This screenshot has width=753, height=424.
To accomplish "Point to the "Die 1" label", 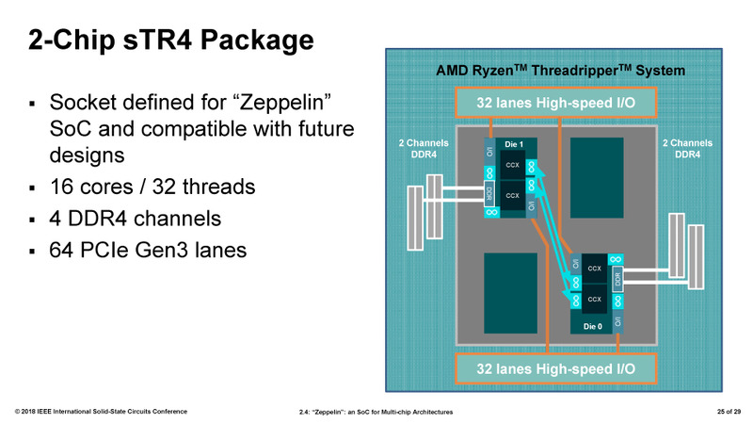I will pyautogui.click(x=513, y=144).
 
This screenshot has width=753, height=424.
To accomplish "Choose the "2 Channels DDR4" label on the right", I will pyautogui.click(x=686, y=148).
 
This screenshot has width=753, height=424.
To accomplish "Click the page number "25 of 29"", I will pyautogui.click(x=722, y=412).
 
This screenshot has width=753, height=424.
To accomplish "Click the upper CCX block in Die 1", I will pyautogui.click(x=513, y=165).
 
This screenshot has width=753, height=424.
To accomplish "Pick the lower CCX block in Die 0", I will pyautogui.click(x=594, y=299).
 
